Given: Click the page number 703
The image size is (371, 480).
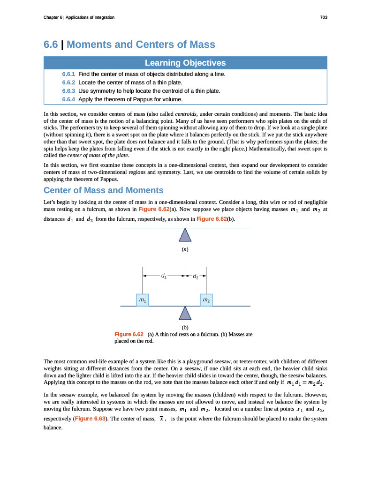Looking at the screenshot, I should pyautogui.click(x=323, y=17).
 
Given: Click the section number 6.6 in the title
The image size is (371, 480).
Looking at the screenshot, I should pyautogui.click(x=51, y=45).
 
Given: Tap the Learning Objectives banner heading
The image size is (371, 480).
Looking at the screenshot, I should pyautogui.click(x=185, y=63).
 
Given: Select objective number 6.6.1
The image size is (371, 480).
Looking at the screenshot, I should pyautogui.click(x=68, y=74).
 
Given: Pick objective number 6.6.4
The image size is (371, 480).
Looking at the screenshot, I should pyautogui.click(x=68, y=99).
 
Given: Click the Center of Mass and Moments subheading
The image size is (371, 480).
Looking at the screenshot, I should pyautogui.click(x=103, y=190).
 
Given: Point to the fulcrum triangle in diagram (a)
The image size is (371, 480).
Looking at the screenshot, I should pyautogui.click(x=185, y=235).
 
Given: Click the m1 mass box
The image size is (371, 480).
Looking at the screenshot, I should pyautogui.click(x=143, y=300).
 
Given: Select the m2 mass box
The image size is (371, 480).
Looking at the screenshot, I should pyautogui.click(x=206, y=300).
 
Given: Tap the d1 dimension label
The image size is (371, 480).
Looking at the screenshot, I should pyautogui.click(x=163, y=276).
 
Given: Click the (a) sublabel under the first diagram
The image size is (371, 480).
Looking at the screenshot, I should pyautogui.click(x=185, y=249).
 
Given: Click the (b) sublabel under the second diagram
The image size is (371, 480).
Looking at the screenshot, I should pyautogui.click(x=185, y=327).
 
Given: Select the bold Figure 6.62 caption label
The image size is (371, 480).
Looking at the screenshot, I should pyautogui.click(x=129, y=334).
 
